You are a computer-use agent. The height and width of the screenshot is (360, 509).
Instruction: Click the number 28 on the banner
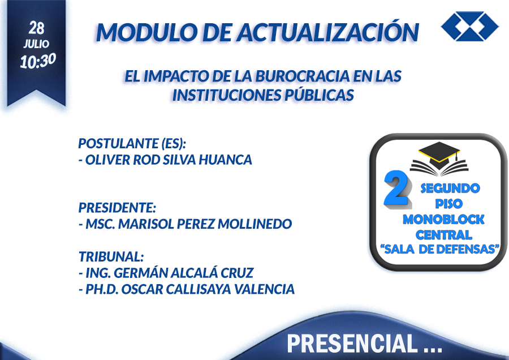(36, 28)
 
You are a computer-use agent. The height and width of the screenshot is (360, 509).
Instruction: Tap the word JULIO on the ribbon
(36, 44)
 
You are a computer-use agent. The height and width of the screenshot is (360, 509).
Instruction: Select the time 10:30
(38, 61)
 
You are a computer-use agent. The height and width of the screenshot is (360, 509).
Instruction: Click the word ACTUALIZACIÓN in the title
(327, 32)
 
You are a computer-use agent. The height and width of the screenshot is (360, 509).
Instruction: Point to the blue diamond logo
(470, 26)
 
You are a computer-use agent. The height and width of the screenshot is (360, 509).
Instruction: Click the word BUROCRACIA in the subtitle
(303, 76)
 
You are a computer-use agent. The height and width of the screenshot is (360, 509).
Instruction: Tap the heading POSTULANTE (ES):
(132, 143)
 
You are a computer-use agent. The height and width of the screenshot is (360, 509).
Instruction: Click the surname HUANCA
(225, 160)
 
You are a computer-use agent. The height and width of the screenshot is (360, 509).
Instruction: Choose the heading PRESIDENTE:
(117, 208)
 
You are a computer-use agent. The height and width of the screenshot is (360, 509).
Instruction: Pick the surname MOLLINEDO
(255, 224)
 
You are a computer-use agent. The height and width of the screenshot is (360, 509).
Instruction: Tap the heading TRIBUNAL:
(111, 256)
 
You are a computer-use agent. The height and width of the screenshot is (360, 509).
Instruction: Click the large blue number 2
(396, 188)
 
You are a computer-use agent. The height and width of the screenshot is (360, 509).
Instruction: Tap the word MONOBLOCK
(443, 219)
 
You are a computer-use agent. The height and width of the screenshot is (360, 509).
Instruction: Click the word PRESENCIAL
(352, 343)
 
